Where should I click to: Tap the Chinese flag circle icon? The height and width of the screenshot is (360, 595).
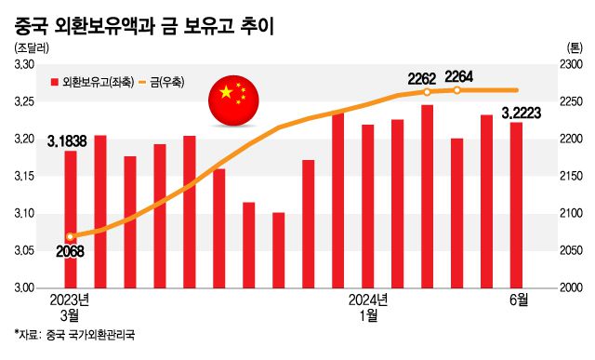coord(232,94)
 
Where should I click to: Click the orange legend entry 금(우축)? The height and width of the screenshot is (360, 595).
coord(160,83)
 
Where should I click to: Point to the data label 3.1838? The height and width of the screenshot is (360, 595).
coord(67,140)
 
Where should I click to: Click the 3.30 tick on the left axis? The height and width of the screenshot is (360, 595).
coord(23,64)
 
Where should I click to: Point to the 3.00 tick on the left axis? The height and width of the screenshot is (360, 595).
coord(23,288)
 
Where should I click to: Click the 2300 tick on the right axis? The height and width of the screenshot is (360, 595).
coord(571,64)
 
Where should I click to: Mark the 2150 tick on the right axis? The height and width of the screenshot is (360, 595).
coord(571,177)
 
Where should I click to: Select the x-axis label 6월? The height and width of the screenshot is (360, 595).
coord(518,300)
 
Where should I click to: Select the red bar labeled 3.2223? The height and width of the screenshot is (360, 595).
coord(517,205)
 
